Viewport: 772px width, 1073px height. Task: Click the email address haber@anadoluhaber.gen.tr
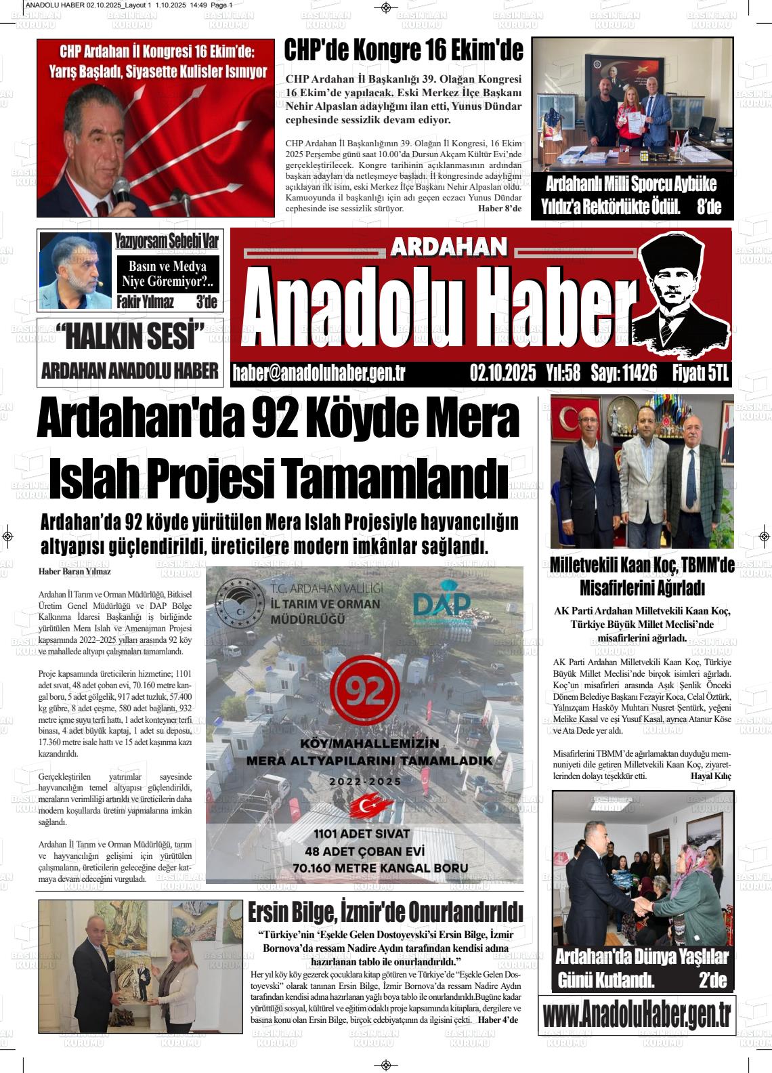(x=318, y=373)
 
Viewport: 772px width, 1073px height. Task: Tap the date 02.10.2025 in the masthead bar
(x=502, y=373)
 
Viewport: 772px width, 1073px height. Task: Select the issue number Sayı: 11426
(x=623, y=373)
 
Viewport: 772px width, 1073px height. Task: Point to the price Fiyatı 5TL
(x=700, y=373)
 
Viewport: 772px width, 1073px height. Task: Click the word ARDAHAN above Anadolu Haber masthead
(x=448, y=247)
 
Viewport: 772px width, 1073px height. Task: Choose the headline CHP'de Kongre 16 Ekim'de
(x=404, y=51)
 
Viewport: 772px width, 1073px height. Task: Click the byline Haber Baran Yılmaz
(x=74, y=572)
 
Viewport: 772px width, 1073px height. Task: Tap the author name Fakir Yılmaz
(x=145, y=303)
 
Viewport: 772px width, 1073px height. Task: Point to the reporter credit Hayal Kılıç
(x=710, y=776)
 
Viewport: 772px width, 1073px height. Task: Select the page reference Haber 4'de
(x=498, y=1020)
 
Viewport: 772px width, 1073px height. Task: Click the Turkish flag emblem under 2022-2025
(x=365, y=805)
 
